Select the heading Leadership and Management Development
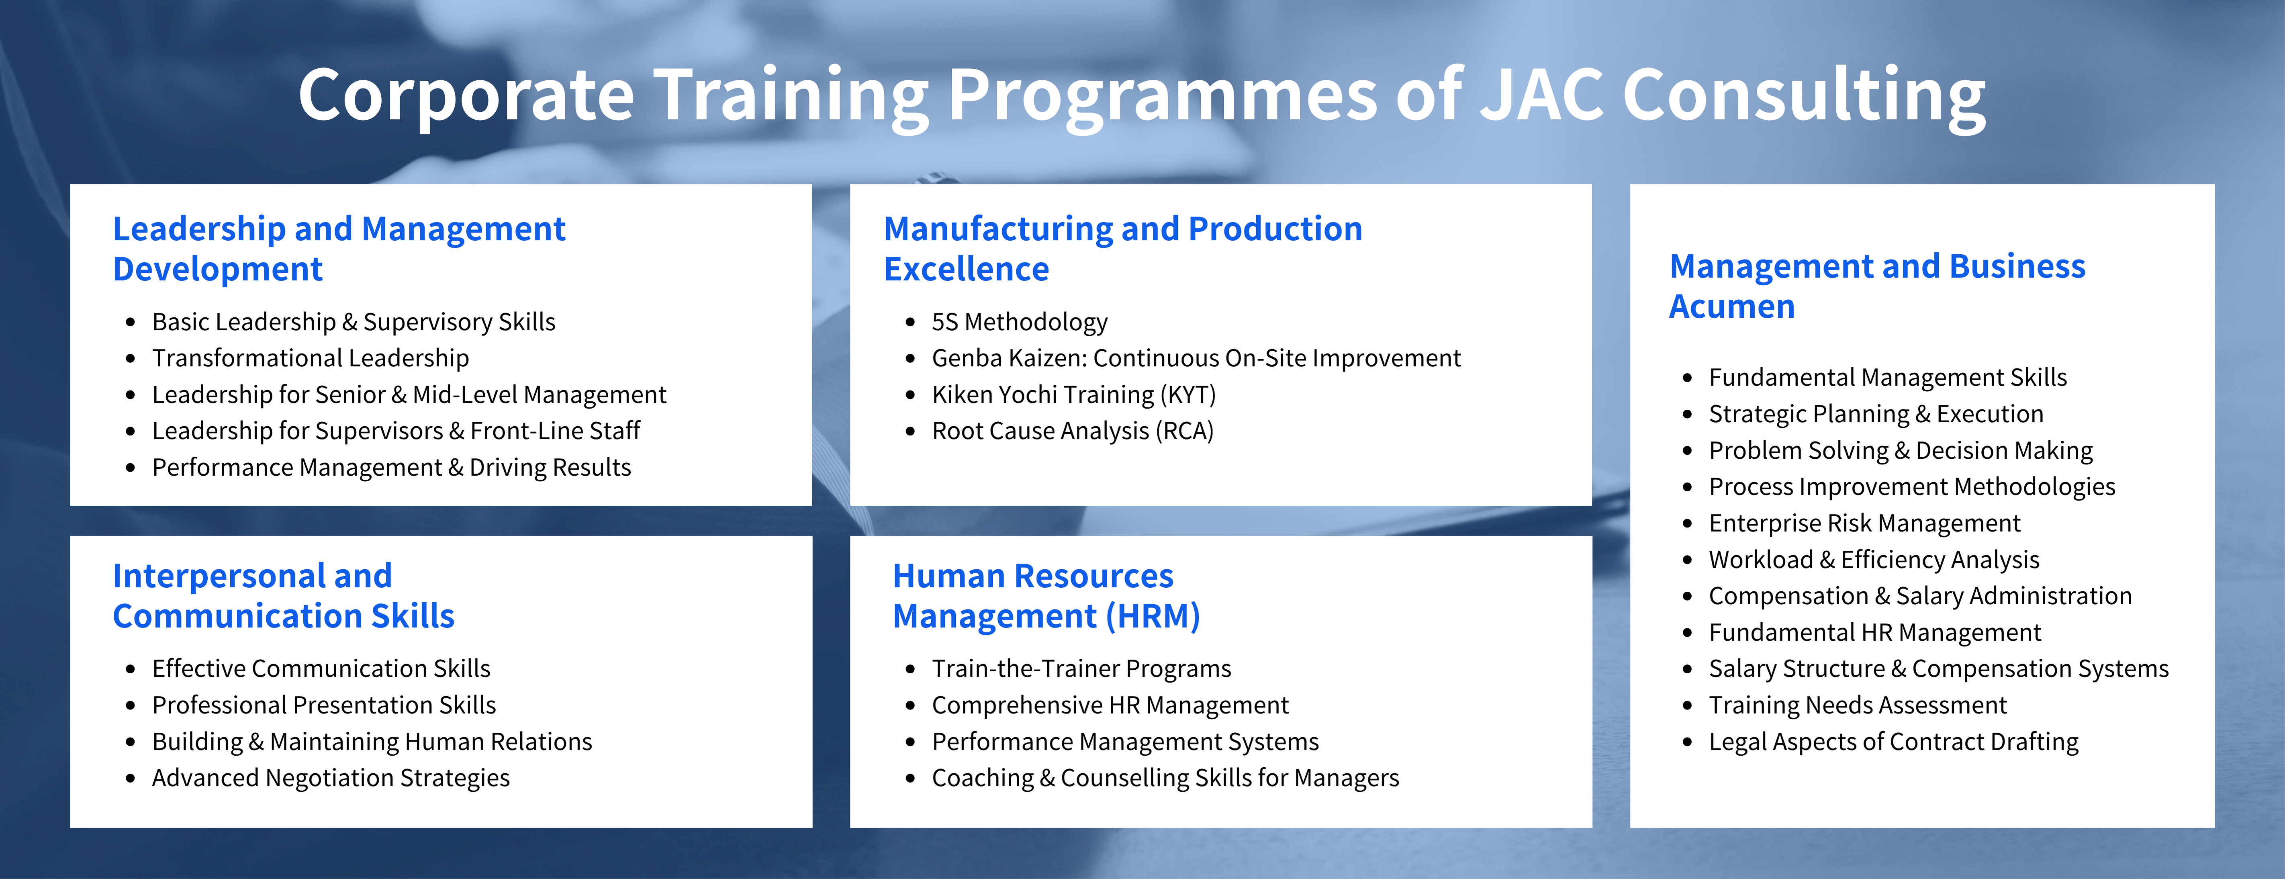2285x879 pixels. coord(339,248)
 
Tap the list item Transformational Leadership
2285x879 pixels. coord(311,358)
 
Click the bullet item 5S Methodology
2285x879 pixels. coord(1019,322)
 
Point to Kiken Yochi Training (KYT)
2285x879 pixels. coord(1073,395)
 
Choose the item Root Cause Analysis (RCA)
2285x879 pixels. coord(1073,431)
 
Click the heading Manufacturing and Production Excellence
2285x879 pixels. coord(1123,248)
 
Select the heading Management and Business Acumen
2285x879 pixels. coord(1877,286)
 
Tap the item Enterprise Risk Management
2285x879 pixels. coord(1864,523)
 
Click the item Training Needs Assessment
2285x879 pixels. coord(1858,705)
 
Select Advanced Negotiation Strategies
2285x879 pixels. coord(331,778)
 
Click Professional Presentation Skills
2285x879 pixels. coord(324,705)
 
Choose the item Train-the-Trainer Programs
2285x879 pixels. coord(1081,669)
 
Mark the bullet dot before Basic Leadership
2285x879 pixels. coord(131,323)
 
